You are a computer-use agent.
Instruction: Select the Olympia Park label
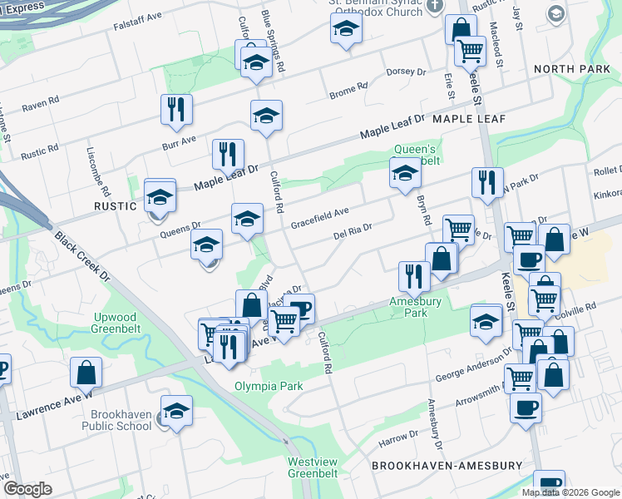coord(268,386)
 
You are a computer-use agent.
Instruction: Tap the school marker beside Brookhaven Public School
coord(176,410)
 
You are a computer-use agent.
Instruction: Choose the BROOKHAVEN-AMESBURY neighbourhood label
coord(447,466)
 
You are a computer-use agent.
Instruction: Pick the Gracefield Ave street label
coord(320,219)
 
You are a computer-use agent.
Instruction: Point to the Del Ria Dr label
coord(352,230)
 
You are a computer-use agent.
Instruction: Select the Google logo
coord(28,489)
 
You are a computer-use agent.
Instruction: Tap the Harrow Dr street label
coord(398,437)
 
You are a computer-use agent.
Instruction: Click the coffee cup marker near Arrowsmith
coord(526,408)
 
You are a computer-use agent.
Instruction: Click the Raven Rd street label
coord(41,104)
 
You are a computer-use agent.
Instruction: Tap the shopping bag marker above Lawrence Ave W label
coord(86,372)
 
